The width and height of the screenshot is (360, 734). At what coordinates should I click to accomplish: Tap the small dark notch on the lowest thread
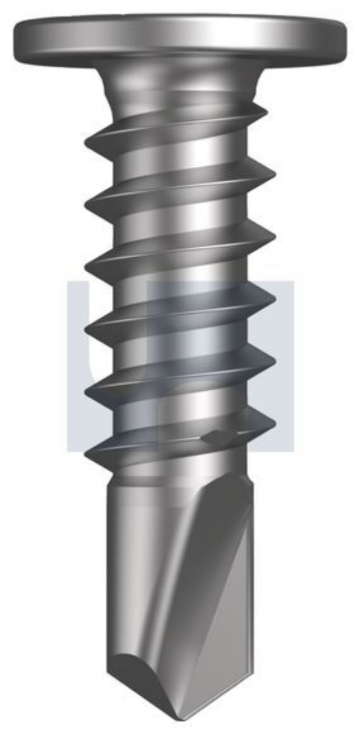[x=215, y=435]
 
